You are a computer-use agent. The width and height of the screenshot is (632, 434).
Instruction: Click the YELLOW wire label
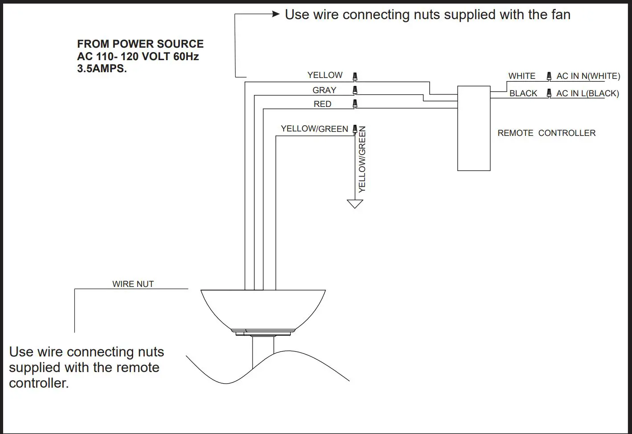pos(325,75)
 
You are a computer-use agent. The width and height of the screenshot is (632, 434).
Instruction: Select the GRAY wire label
pos(324,90)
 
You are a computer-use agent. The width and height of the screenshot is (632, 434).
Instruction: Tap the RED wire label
pos(322,104)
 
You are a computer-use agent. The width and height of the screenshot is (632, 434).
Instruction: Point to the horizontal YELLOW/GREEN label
pos(314,129)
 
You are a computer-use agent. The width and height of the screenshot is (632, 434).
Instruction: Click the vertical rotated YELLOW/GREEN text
pos(362,159)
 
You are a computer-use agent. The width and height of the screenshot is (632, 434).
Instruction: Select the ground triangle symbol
pos(355,204)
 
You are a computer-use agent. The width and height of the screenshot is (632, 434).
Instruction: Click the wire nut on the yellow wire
pos(355,77)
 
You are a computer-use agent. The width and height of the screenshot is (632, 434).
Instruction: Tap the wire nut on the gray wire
pos(355,90)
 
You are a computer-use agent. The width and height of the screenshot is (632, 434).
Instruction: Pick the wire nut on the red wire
pos(355,104)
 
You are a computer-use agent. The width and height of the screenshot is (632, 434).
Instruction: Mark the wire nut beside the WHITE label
pos(549,76)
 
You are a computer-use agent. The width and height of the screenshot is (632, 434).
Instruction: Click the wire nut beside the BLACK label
pos(549,94)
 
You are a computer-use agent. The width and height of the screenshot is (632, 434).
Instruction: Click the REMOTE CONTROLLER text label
pos(546,133)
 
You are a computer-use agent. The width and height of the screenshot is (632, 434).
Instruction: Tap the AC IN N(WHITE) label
pos(588,76)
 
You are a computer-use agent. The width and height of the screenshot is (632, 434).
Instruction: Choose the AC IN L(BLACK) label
pos(587,94)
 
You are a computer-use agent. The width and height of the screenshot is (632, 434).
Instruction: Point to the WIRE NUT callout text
pos(133,284)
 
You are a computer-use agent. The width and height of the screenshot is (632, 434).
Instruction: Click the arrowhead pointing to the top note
pos(276,14)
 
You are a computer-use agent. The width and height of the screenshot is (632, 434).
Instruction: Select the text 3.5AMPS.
pos(102,69)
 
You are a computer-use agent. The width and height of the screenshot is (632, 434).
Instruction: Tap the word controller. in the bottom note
pos(39,383)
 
